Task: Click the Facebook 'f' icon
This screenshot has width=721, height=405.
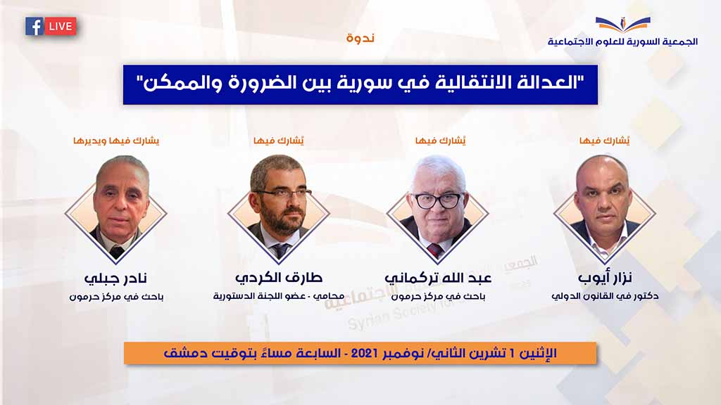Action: pyautogui.click(x=35, y=26)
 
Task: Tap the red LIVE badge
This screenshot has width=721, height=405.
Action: pyautogui.click(x=61, y=26)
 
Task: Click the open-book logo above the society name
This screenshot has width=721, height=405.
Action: pyautogui.click(x=623, y=23)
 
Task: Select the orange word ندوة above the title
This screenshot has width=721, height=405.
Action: pyautogui.click(x=360, y=38)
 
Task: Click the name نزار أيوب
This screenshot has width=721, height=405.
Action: pyautogui.click(x=605, y=277)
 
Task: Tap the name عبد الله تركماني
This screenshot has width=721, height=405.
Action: pyautogui.click(x=438, y=278)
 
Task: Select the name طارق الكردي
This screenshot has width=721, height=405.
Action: pyautogui.click(x=279, y=277)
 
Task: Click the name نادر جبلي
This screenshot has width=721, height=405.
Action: pyautogui.click(x=115, y=278)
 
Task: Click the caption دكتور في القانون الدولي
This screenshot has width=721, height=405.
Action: pyautogui.click(x=605, y=296)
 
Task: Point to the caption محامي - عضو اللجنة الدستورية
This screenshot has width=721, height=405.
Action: pyautogui.click(x=279, y=296)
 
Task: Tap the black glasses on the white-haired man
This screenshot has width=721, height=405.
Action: pyautogui.click(x=437, y=200)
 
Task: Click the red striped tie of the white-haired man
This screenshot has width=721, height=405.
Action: pyautogui.click(x=434, y=250)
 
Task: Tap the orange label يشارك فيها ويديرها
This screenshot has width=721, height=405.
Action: pyautogui.click(x=116, y=141)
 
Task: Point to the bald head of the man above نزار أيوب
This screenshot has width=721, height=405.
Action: pyautogui.click(x=603, y=167)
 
